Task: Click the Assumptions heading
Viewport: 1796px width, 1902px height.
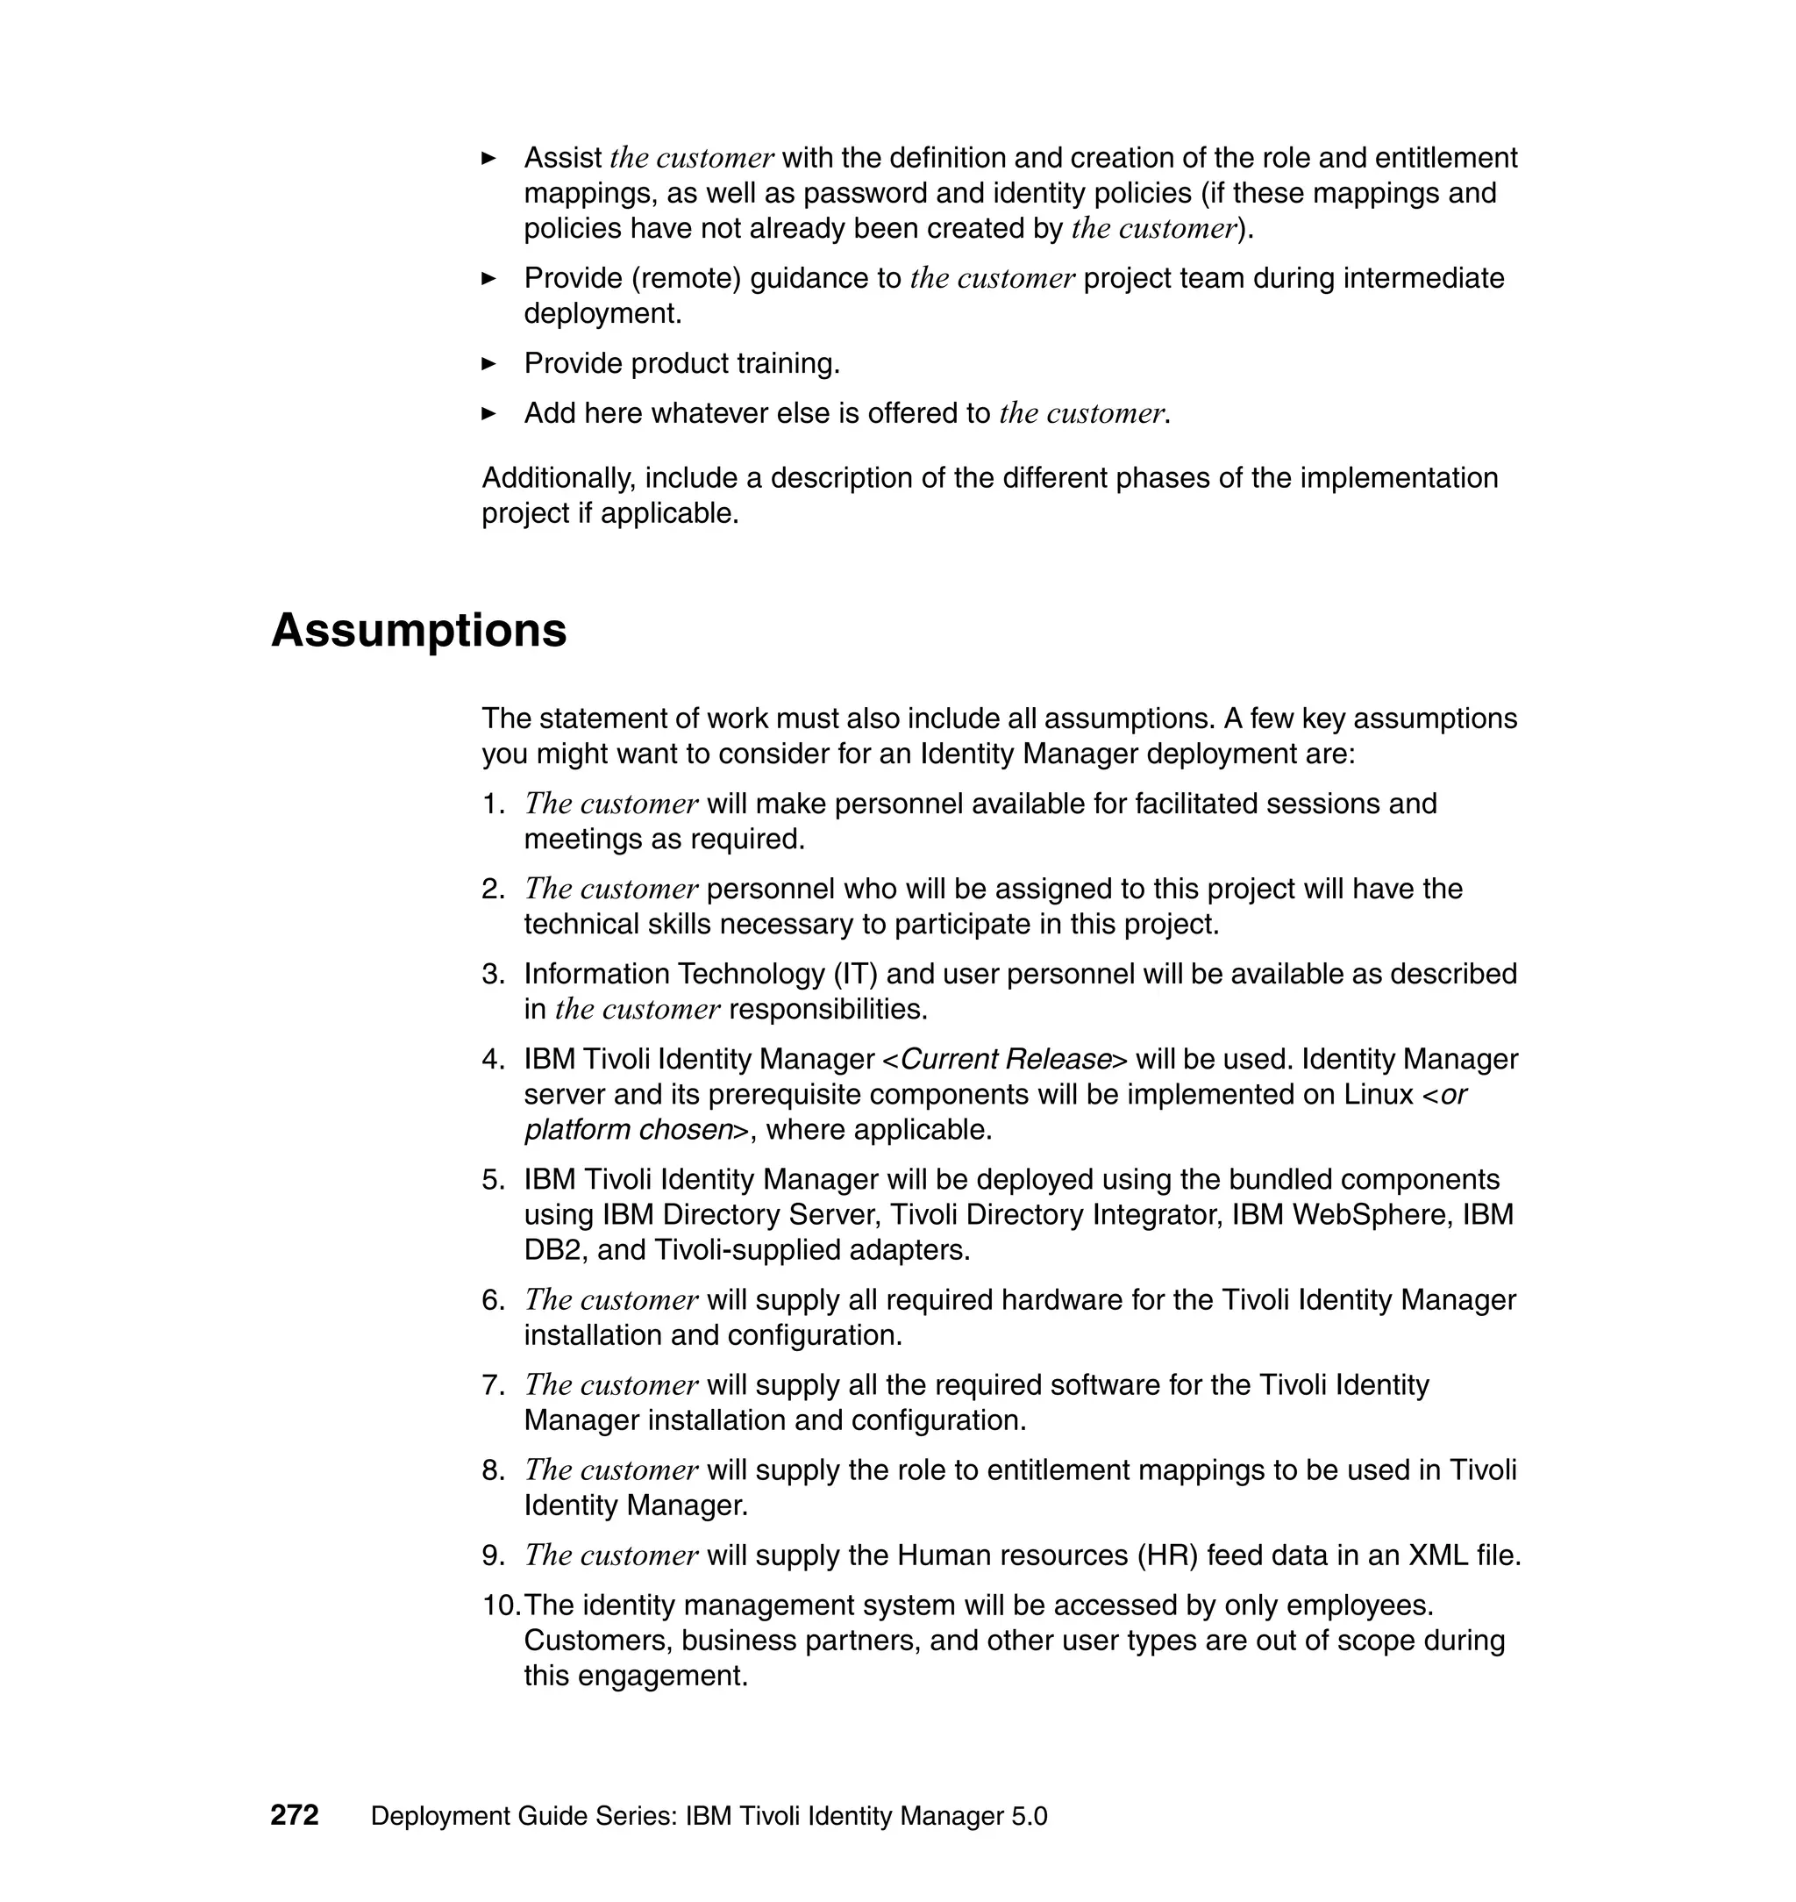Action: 418,631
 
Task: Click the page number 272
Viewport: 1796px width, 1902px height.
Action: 294,1816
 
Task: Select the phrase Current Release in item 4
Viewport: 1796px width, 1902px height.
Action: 1005,1059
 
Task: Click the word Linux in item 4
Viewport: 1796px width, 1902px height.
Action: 1378,1095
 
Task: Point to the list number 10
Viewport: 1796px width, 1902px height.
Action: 500,1605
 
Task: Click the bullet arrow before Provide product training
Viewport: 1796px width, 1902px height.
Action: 488,364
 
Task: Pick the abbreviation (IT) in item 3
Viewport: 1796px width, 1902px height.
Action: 853,974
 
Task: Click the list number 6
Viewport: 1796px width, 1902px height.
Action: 492,1300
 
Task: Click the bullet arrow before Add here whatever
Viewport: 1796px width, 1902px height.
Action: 488,414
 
